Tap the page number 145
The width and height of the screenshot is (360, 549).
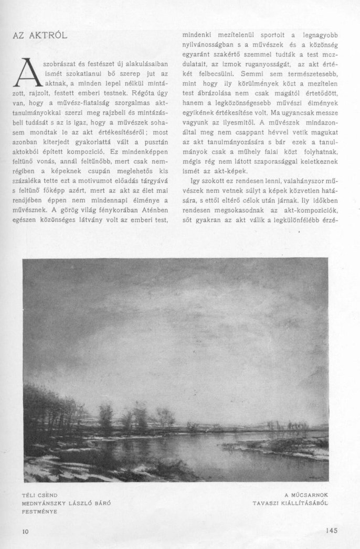click(x=331, y=530)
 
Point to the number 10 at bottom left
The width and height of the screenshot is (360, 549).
click(x=26, y=531)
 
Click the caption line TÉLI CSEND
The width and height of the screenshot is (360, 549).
click(x=40, y=494)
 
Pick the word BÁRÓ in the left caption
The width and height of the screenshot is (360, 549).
click(x=103, y=502)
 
